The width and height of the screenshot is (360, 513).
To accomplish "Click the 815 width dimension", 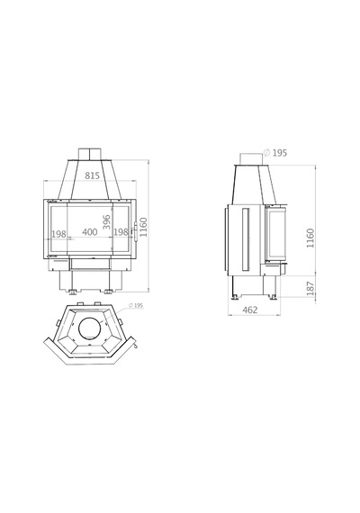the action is (92, 175).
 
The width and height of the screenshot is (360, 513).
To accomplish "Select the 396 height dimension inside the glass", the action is (107, 222).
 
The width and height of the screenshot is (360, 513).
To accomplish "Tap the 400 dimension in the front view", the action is (90, 232).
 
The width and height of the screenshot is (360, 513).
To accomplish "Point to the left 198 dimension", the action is (58, 234).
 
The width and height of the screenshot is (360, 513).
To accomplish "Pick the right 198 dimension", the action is (121, 232).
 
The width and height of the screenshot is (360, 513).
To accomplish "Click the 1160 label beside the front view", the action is (143, 227).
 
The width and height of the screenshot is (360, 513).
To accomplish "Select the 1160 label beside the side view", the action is (310, 238).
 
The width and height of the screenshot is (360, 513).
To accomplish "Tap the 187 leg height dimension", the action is (310, 289).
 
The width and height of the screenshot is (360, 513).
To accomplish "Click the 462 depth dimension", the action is (250, 310).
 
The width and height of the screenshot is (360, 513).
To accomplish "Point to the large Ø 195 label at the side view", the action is (275, 153).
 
